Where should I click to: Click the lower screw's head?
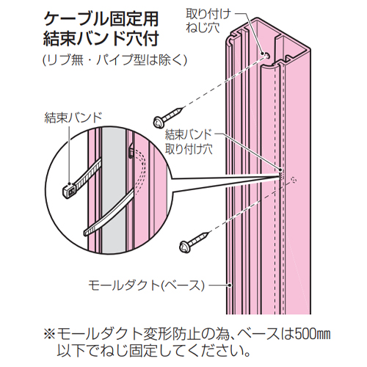coord(185,247)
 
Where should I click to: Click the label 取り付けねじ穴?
coord(208,21)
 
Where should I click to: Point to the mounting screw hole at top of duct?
coord(267,55)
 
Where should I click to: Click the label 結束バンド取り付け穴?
coord(189,142)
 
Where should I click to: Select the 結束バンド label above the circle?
coord(73,117)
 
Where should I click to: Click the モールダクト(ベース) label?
coord(146,286)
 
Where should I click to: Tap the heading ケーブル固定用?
coord(101,19)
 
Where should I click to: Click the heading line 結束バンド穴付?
coord(101,39)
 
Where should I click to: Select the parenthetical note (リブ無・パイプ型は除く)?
coord(115,59)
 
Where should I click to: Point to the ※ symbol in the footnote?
coord(50,335)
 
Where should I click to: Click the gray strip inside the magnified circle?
coord(114,191)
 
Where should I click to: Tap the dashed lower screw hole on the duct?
coord(294,181)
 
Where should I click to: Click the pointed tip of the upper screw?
coord(183,107)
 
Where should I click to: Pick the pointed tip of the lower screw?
coord(209,233)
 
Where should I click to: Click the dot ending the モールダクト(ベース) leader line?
coord(230,285)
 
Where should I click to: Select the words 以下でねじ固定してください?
coord(153,350)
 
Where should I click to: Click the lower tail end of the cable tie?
coord(86,233)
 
